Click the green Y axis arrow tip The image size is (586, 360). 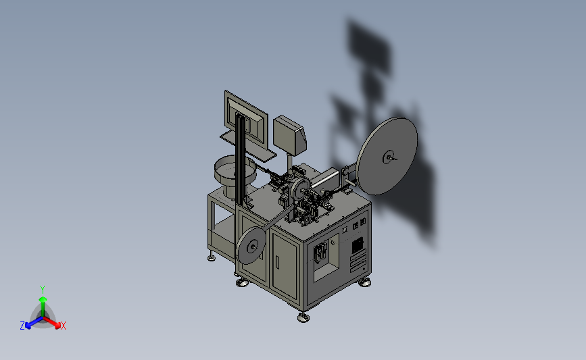(x=43, y=299)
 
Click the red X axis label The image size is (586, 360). (x=63, y=326)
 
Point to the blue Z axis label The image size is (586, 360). (x=22, y=326)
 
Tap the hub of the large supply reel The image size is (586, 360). (x=389, y=157)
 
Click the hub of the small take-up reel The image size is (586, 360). (x=253, y=246)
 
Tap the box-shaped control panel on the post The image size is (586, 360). (x=290, y=135)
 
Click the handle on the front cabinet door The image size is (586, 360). (x=277, y=261)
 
